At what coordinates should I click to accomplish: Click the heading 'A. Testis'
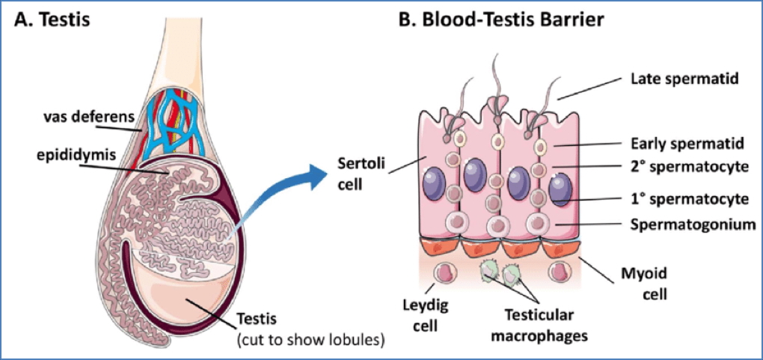(x=52, y=19)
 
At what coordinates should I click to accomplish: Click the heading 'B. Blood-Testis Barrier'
(x=500, y=19)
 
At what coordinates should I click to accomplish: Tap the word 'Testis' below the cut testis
(x=255, y=320)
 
